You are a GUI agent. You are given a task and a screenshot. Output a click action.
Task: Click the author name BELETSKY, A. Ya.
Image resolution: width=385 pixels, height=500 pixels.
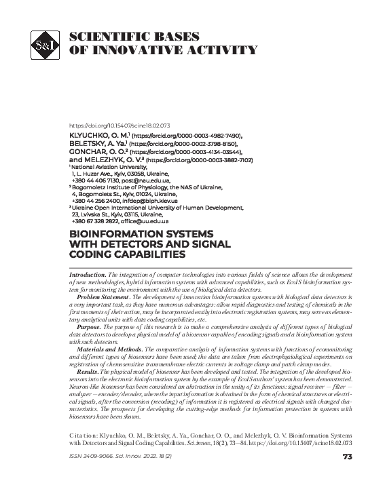98,145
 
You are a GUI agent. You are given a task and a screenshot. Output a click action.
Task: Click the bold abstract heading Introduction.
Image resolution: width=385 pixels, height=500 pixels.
87,273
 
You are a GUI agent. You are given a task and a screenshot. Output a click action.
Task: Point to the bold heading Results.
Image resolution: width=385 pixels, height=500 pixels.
88,372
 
